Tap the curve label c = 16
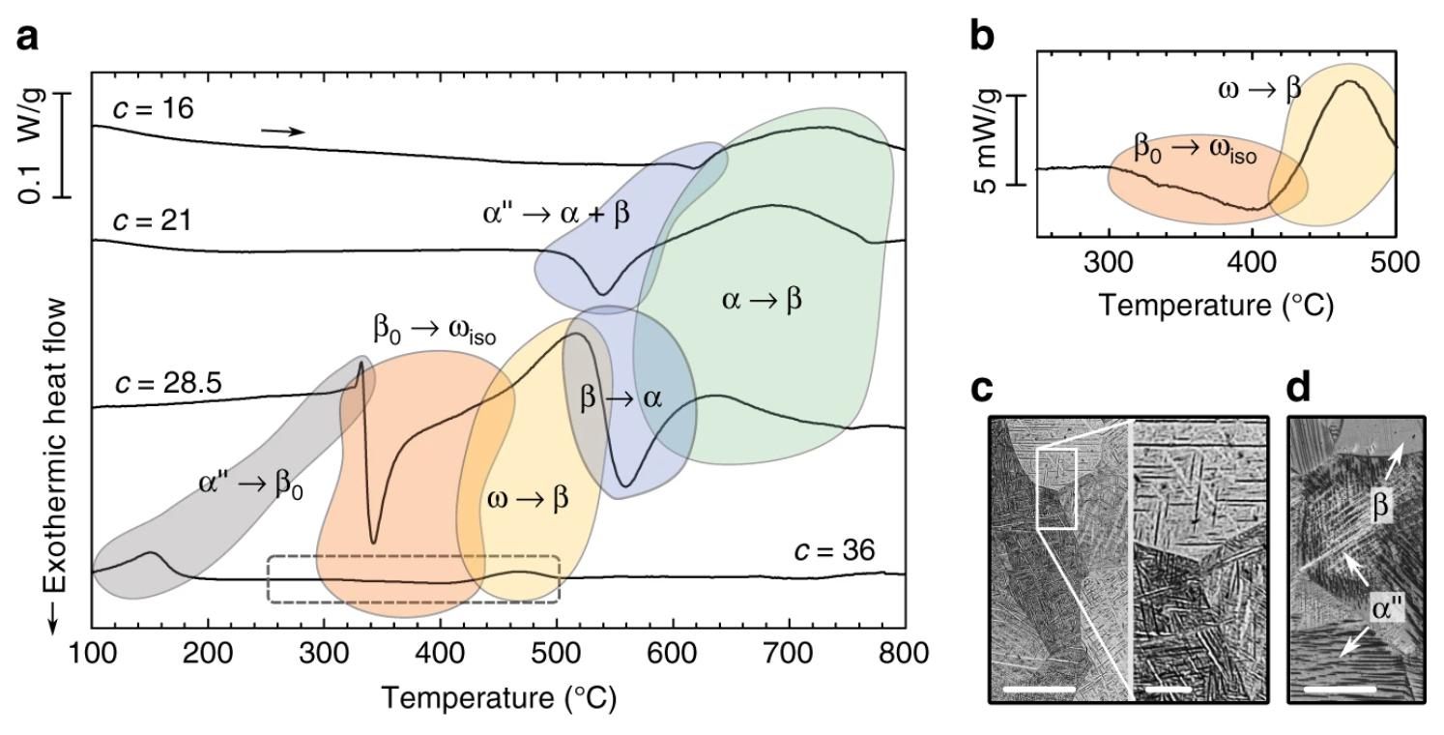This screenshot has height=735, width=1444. pyautogui.click(x=154, y=108)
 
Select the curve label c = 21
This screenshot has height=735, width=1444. pyautogui.click(x=153, y=221)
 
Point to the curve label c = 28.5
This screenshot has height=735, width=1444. pyautogui.click(x=168, y=384)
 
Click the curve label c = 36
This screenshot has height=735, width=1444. pyautogui.click(x=835, y=550)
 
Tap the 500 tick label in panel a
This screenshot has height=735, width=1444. pyautogui.click(x=558, y=653)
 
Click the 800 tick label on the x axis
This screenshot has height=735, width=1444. pyautogui.click(x=905, y=653)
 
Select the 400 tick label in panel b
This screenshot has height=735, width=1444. pyautogui.click(x=1252, y=262)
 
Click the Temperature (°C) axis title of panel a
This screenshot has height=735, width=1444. pyautogui.click(x=499, y=698)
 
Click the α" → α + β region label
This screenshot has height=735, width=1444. pyautogui.click(x=556, y=214)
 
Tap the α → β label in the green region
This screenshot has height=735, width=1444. pyautogui.click(x=762, y=300)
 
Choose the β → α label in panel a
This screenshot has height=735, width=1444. pyautogui.click(x=621, y=398)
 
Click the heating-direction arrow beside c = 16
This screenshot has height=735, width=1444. pyautogui.click(x=282, y=132)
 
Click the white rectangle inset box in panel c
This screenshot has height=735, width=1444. pyautogui.click(x=1055, y=488)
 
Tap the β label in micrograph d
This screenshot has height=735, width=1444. pyautogui.click(x=1380, y=505)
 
